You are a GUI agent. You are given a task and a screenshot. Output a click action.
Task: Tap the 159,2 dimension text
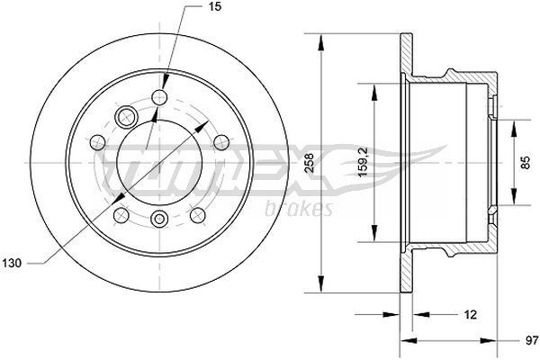tap(363, 163)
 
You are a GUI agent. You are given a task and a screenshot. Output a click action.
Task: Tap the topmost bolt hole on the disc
tap(161, 98)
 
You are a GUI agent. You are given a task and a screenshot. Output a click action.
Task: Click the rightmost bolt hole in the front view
tap(220, 140)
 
